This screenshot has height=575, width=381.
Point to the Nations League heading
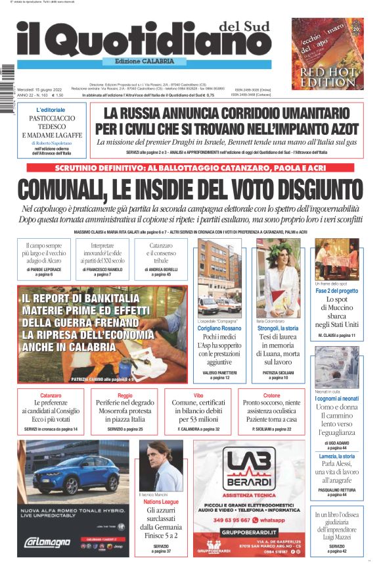[161, 502]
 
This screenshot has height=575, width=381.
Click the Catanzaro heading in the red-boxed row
[51, 395]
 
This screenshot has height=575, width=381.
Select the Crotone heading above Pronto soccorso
[271, 395]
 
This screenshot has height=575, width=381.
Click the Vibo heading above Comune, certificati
[198, 395]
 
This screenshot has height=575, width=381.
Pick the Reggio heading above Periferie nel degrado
[125, 395]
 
